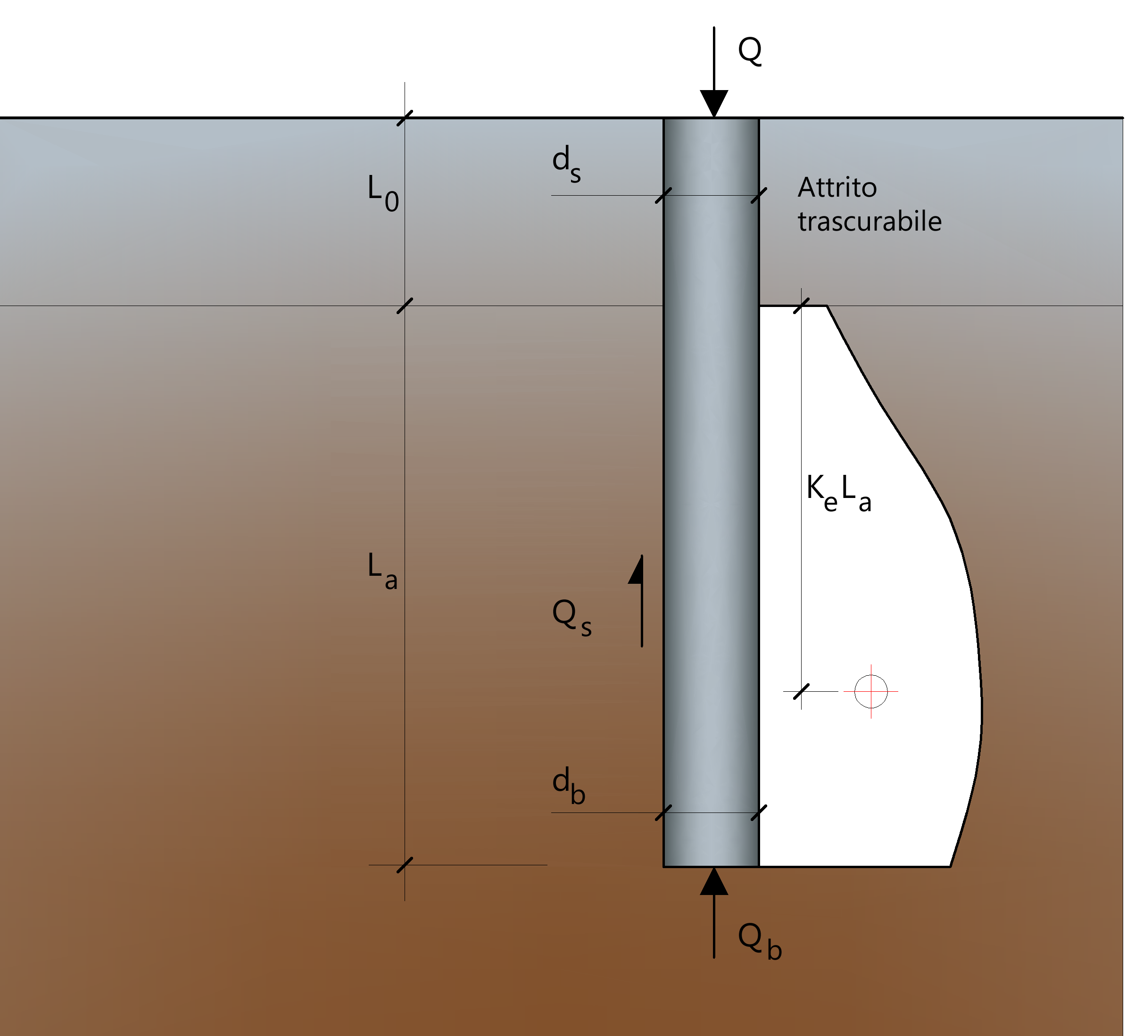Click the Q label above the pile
point(750,51)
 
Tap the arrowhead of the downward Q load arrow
point(714,104)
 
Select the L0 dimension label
point(383,192)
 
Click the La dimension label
point(383,570)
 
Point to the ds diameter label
point(567,163)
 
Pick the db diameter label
point(568,786)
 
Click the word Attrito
point(837,187)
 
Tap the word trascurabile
point(870,221)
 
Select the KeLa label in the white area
point(838,492)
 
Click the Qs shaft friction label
point(571,617)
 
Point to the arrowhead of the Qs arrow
point(636,570)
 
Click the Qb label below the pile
point(760,942)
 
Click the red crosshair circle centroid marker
point(871,692)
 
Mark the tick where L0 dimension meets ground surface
point(405,118)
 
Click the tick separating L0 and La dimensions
point(405,306)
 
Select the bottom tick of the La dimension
point(405,865)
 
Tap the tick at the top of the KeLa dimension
point(802,306)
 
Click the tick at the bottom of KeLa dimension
point(802,692)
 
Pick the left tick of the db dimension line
point(663,813)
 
